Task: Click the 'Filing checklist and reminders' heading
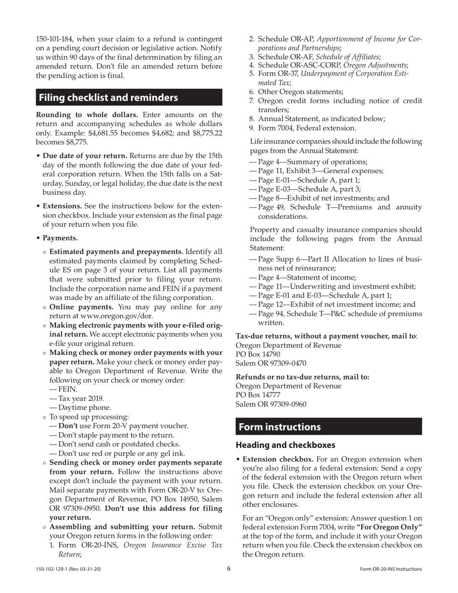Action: coord(108,97)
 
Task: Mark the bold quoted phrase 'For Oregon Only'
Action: coord(390,527)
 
